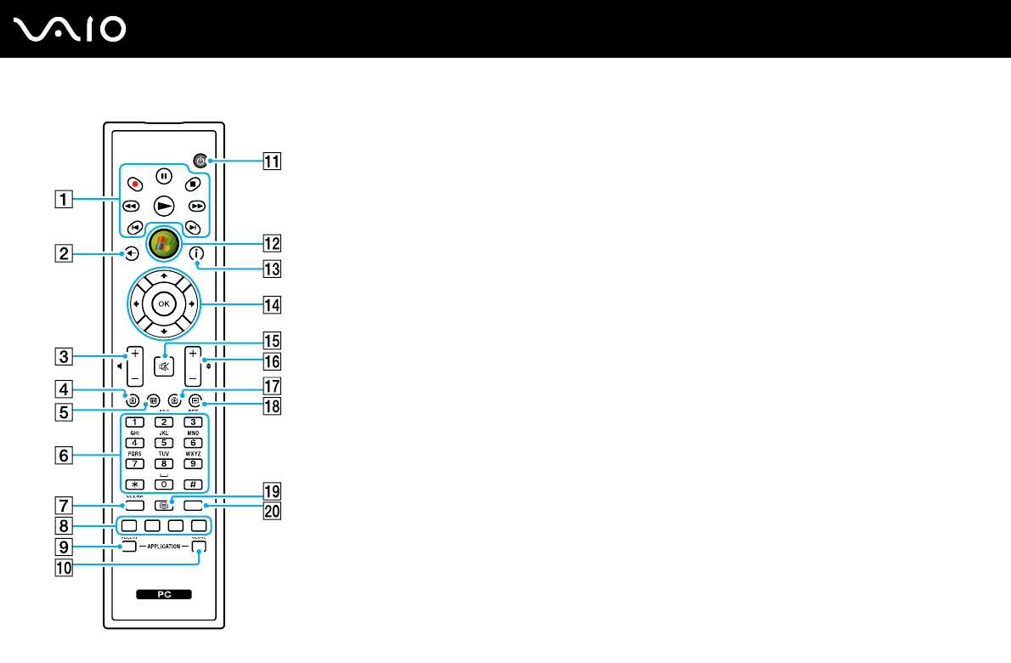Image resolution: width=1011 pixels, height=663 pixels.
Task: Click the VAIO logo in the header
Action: [71, 30]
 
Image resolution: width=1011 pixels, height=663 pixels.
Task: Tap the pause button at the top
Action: [164, 178]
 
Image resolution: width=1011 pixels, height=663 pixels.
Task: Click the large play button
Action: [164, 205]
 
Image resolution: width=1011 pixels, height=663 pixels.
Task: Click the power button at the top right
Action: [201, 160]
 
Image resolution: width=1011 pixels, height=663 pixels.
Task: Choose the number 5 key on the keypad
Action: [165, 441]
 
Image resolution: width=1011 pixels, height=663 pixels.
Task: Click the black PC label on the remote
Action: [163, 595]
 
